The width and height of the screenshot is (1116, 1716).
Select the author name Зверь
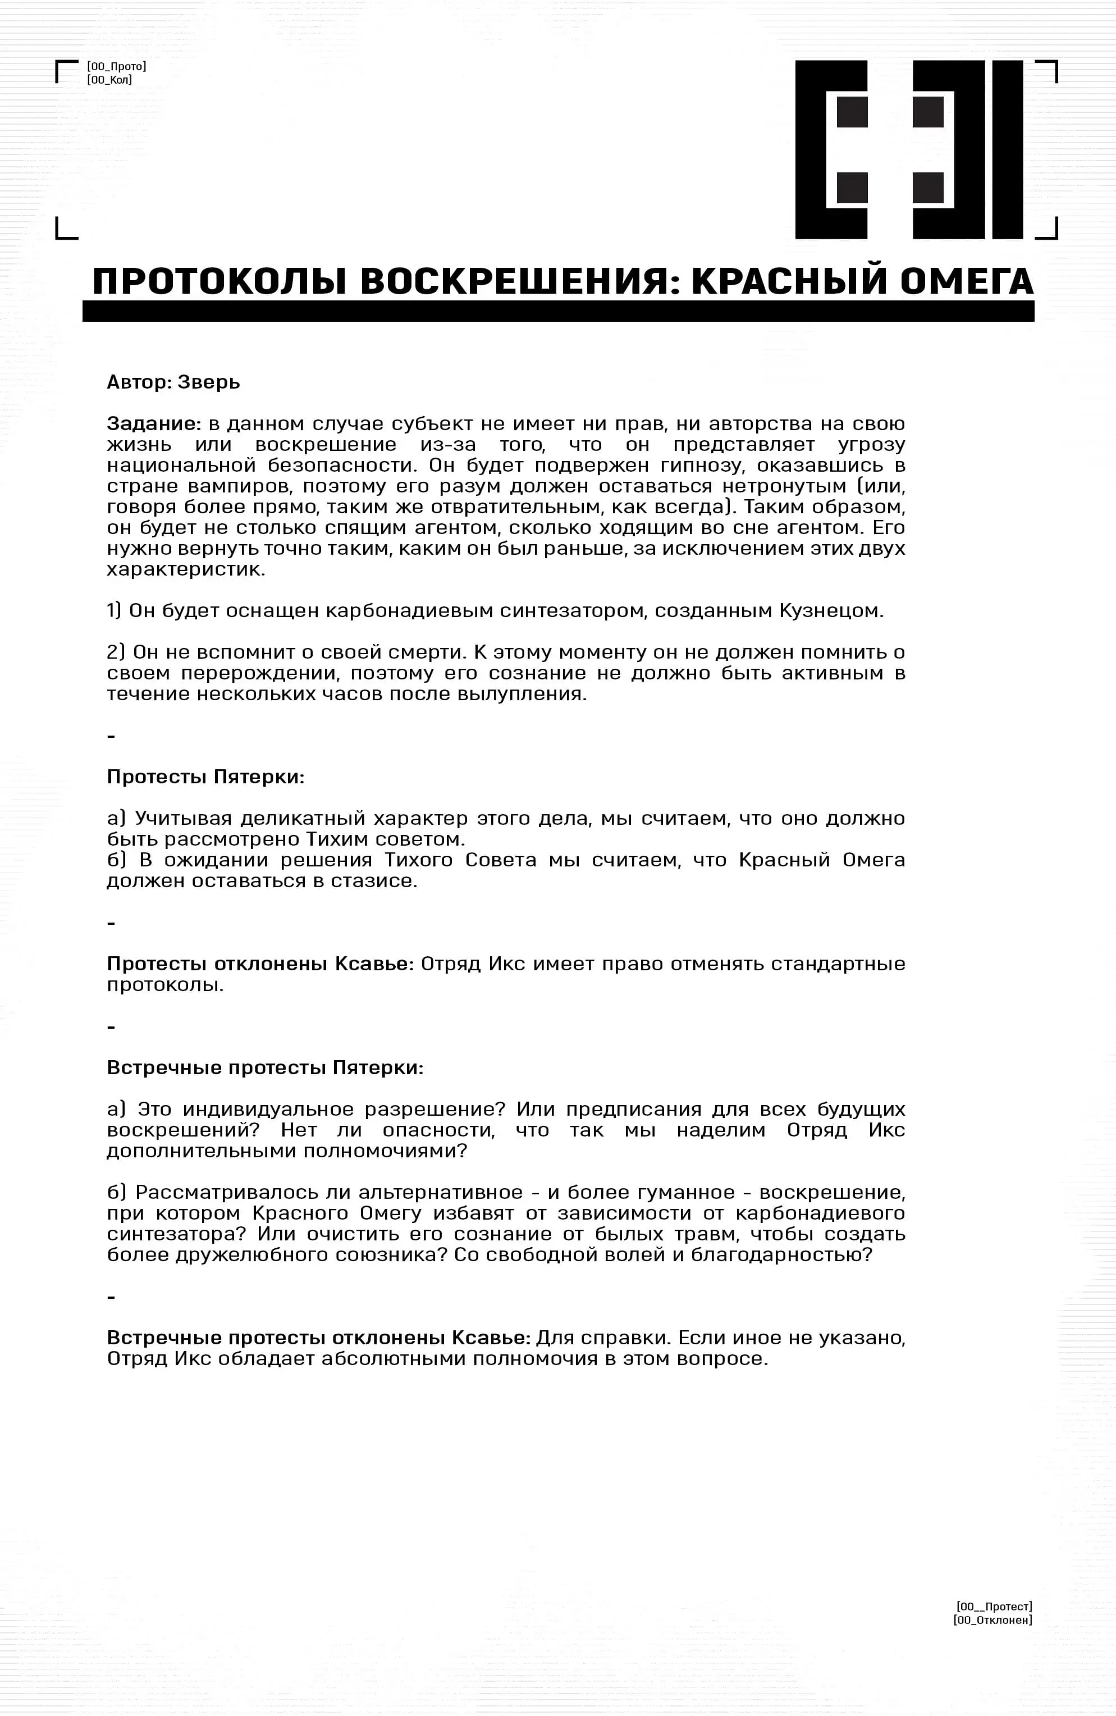(208, 382)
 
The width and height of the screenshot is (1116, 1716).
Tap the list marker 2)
(116, 652)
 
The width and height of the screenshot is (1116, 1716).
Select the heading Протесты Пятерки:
(205, 777)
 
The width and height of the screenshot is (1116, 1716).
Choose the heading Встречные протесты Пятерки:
(264, 1068)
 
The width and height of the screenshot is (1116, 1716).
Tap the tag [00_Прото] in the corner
(117, 66)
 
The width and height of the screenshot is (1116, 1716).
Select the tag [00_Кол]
(109, 80)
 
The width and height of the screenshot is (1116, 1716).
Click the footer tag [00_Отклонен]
(992, 1620)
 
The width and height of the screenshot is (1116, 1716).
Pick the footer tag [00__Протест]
(994, 1607)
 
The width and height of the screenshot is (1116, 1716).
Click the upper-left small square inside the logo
(852, 112)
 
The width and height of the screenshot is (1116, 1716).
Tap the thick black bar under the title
(558, 312)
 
